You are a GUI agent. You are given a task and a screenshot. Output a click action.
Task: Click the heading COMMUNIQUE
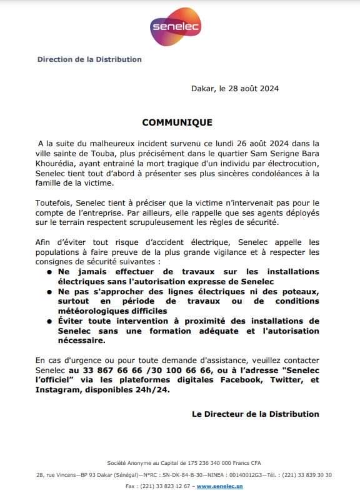[177, 122]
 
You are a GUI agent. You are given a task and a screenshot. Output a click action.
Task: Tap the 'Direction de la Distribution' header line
[89, 59]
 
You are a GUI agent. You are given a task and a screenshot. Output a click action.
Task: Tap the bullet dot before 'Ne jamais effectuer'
[49, 272]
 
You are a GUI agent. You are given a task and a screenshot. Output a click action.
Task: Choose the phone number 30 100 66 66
[165, 371]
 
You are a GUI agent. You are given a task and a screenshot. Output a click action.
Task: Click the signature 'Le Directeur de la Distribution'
[255, 414]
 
